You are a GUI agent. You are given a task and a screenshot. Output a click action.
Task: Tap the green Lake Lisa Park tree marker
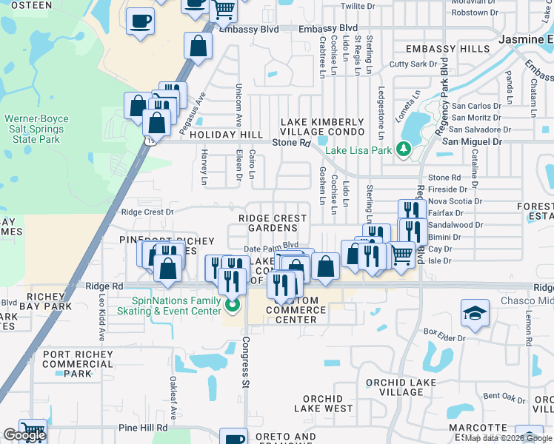[403, 149]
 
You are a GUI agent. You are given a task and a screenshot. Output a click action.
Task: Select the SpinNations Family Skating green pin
[233, 305]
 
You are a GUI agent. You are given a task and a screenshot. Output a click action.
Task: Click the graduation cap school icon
[475, 313]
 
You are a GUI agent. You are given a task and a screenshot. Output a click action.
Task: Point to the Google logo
[24, 435]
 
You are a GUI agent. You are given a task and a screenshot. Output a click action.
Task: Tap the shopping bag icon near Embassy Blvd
[199, 47]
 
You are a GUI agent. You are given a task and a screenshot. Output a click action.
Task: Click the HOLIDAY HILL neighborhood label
[226, 135]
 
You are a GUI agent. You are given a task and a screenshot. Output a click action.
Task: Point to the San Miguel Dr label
[472, 141]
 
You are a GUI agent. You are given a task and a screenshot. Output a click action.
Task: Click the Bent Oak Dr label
[503, 396]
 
